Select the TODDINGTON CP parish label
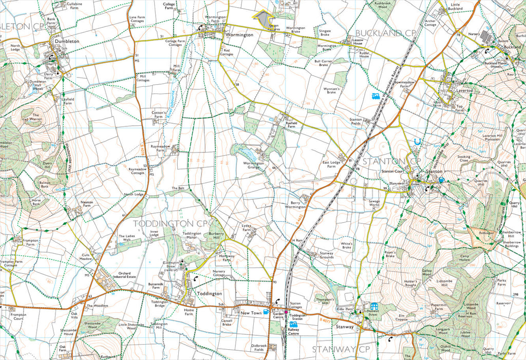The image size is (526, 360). point(170,223)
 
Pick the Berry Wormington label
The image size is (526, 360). point(296,204)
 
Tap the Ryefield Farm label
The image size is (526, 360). point(287,125)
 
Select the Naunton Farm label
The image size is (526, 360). point(87,204)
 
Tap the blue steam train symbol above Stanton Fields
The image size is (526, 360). point(375,96)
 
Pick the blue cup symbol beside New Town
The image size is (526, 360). point(266,312)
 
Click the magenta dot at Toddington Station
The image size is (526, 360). point(286,312)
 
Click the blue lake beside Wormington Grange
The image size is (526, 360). point(245,154)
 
